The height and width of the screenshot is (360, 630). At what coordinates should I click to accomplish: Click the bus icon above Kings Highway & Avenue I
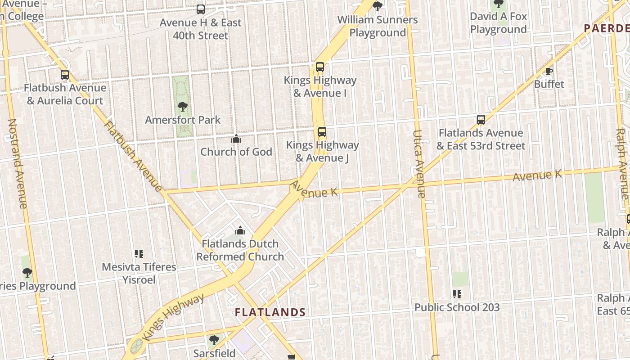pyautogui.click(x=320, y=67)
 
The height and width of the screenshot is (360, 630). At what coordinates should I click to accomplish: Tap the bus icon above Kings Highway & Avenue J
pyautogui.click(x=322, y=132)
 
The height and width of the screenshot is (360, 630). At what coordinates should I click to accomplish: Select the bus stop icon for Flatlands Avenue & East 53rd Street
pyautogui.click(x=481, y=120)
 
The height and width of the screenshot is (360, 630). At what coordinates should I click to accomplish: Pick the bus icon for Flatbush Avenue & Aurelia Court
pyautogui.click(x=65, y=75)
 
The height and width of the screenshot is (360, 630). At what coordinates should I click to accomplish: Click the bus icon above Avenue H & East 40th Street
pyautogui.click(x=201, y=9)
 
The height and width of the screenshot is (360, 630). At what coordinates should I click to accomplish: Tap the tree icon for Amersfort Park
pyautogui.click(x=183, y=107)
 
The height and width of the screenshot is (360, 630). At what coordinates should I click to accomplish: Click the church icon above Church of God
pyautogui.click(x=236, y=139)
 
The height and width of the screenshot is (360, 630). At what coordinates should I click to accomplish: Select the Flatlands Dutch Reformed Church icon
pyautogui.click(x=240, y=230)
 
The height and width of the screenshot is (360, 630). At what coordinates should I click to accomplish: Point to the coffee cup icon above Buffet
pyautogui.click(x=549, y=71)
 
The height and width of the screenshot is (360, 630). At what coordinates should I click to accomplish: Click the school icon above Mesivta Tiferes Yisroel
pyautogui.click(x=139, y=254)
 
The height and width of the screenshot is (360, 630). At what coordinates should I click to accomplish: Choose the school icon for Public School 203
pyautogui.click(x=457, y=294)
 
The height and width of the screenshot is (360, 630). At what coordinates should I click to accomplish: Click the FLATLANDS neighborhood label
pyautogui.click(x=270, y=312)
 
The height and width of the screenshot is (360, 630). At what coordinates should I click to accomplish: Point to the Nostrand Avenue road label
pyautogui.click(x=18, y=163)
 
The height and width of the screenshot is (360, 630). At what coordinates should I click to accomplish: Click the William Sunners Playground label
pyautogui.click(x=378, y=26)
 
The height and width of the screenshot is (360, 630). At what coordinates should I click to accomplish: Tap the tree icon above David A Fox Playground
pyautogui.click(x=498, y=4)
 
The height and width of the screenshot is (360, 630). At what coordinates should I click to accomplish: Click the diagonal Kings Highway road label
pyautogui.click(x=173, y=317)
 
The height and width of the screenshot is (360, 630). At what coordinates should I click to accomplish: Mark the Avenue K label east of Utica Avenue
pyautogui.click(x=537, y=175)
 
